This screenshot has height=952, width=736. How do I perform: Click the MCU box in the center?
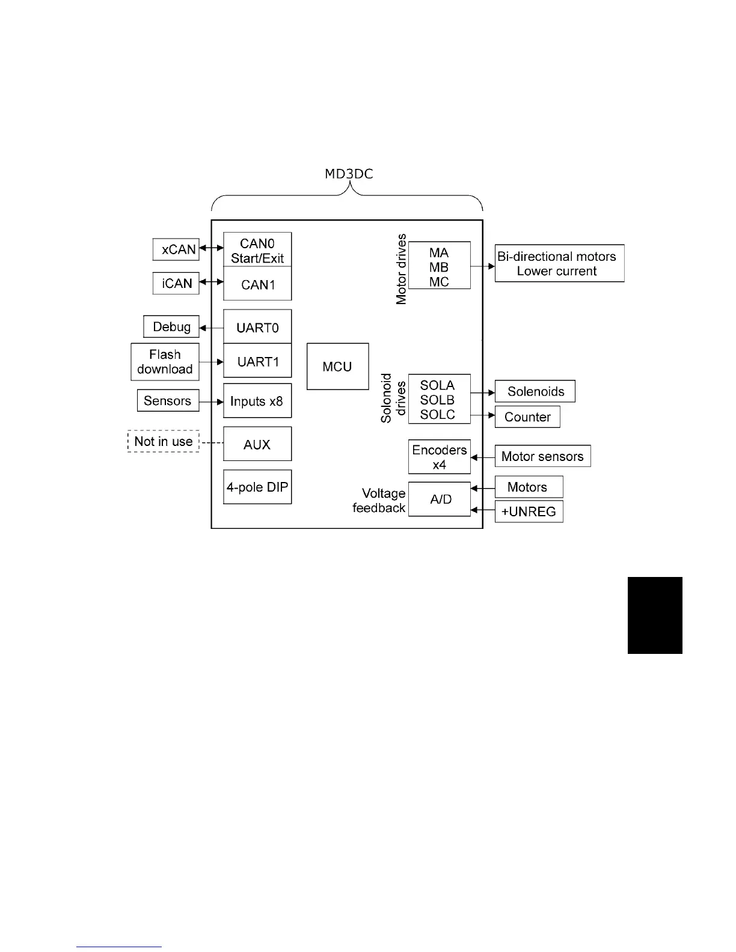[337, 367]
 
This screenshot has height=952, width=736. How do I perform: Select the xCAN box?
[176, 249]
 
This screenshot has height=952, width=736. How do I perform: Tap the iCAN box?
[176, 283]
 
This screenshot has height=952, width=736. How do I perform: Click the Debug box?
[171, 327]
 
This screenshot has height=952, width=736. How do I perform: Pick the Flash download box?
[165, 362]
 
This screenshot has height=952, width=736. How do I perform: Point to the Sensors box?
[168, 401]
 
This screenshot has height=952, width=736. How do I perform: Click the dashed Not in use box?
[164, 441]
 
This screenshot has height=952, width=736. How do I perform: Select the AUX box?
[257, 444]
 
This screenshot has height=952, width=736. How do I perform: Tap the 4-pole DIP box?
[257, 487]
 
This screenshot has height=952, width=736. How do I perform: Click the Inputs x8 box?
[257, 401]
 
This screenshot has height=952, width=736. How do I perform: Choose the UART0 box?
[257, 327]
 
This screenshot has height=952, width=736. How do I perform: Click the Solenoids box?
[535, 391]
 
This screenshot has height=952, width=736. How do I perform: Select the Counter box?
[527, 417]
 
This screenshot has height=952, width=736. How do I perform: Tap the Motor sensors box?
[542, 456]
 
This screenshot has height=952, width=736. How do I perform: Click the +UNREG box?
[529, 511]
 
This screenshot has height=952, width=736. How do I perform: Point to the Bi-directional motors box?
[559, 263]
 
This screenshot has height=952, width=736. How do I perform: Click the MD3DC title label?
[349, 174]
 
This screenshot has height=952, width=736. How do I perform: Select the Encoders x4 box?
[439, 457]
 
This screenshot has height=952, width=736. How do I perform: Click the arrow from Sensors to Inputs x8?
[211, 401]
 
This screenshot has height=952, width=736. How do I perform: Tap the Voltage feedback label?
[379, 500]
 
